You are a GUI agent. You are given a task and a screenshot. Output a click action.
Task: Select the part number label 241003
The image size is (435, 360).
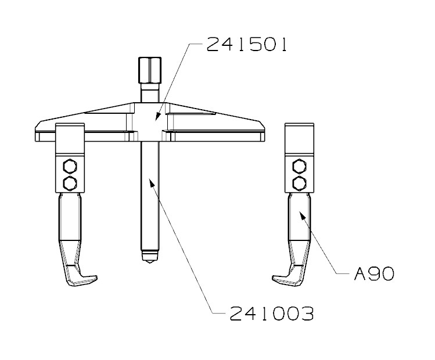[271, 314]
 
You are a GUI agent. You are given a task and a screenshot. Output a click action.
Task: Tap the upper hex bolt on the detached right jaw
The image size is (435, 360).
[300, 168]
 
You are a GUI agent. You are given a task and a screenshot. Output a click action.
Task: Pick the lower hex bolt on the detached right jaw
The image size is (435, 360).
[300, 183]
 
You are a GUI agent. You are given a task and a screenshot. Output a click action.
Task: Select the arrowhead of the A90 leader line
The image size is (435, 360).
[300, 215]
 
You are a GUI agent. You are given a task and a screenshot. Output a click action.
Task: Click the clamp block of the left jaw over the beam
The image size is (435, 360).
[70, 139]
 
